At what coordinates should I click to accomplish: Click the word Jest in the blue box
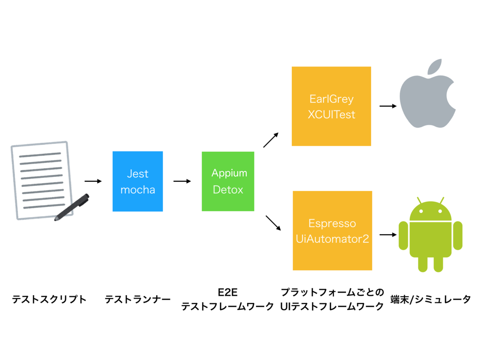138,174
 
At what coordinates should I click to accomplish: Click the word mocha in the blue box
138,190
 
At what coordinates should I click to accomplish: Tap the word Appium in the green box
229,173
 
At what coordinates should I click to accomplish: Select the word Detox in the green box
228,189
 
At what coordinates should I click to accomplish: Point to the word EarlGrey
331,99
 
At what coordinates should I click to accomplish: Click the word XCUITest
331,115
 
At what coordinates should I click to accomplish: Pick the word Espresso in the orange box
332,223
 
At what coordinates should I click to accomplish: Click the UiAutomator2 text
332,239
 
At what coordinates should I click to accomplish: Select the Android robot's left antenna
419,201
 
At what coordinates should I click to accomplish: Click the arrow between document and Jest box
93,181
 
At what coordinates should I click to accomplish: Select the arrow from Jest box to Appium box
182,181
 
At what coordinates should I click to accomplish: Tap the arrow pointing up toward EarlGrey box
271,140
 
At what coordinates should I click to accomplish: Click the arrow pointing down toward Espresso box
273,223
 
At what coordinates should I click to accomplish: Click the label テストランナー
138,300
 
